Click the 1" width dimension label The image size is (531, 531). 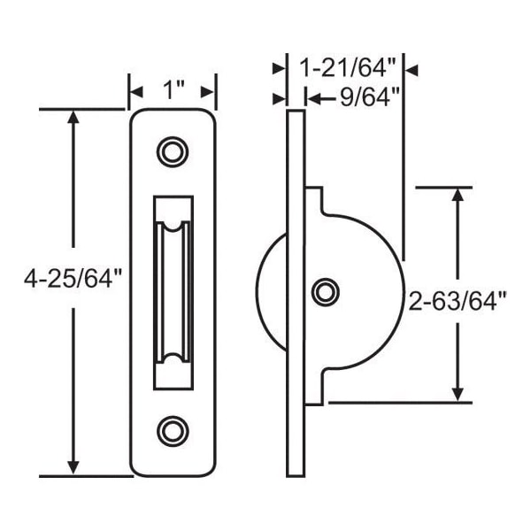coord(173,90)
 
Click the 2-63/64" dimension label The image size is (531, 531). coord(458,301)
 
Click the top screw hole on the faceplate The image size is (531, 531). coord(173,151)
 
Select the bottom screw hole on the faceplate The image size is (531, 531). coord(173,431)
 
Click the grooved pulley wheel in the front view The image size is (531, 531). coord(173,292)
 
